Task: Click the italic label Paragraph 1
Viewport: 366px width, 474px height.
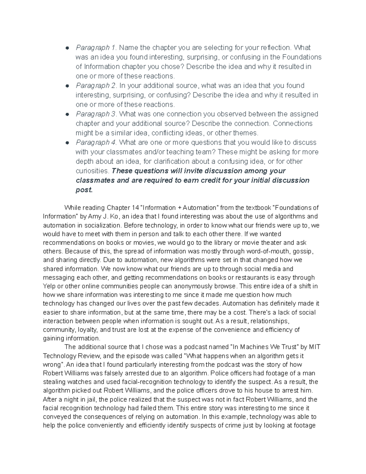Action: (96, 48)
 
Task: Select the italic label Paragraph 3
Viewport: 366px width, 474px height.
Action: (96, 114)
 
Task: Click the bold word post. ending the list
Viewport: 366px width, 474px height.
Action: (84, 190)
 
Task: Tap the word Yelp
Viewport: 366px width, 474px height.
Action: (49, 286)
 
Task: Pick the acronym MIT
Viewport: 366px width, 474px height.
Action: (314, 347)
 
